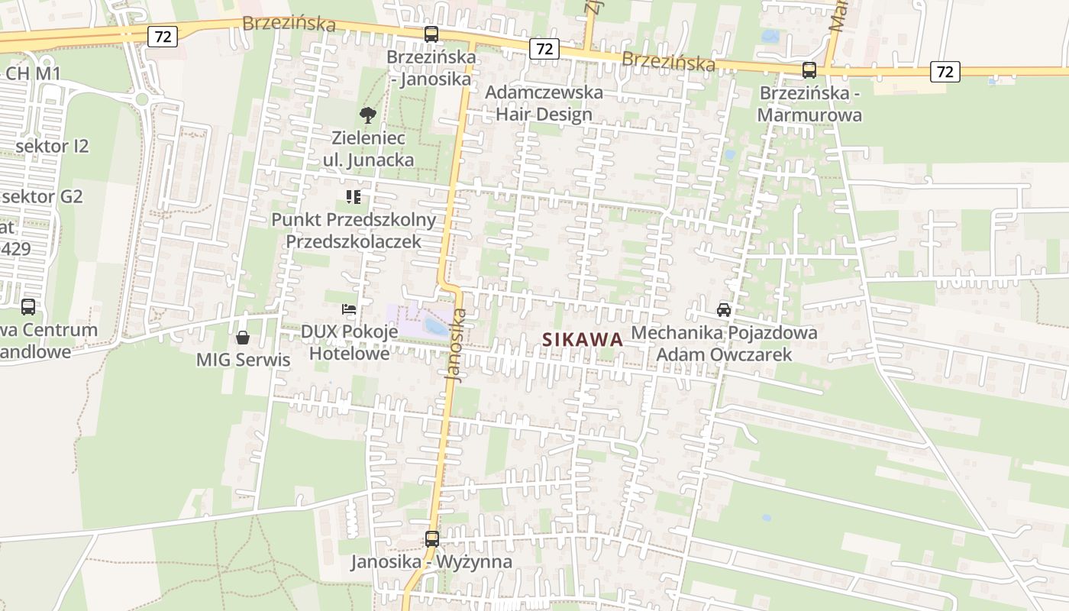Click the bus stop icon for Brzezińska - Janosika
(x=431, y=34)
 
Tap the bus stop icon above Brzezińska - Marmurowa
(x=809, y=70)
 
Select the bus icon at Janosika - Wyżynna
(x=432, y=539)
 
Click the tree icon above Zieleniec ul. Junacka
(x=368, y=115)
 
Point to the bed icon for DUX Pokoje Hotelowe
(x=348, y=309)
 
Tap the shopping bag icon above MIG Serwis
(x=243, y=337)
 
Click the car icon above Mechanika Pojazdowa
(x=724, y=309)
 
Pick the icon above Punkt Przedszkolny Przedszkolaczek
(x=353, y=197)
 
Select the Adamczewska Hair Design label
(x=544, y=103)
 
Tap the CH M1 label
(x=32, y=73)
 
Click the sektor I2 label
(x=52, y=146)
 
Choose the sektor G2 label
(x=42, y=196)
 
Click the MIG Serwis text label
(x=244, y=360)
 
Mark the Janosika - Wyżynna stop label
(x=431, y=562)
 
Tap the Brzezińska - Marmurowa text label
(x=809, y=104)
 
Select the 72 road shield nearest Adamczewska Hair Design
(x=544, y=49)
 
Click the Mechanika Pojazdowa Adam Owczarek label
(x=724, y=344)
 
